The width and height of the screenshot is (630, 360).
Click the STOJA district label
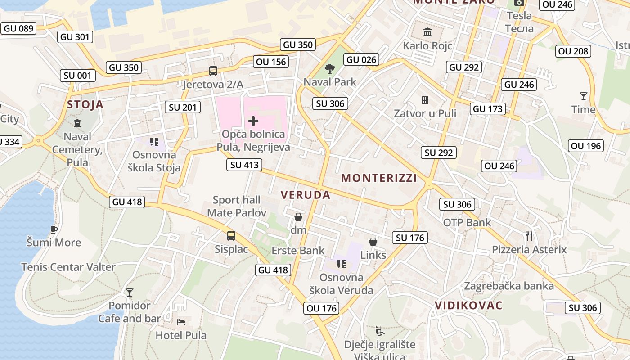pos(85,105)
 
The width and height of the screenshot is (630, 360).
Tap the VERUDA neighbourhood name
pos(306,195)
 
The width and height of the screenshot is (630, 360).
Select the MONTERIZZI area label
pos(379,178)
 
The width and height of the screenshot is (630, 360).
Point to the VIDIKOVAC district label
pos(468,306)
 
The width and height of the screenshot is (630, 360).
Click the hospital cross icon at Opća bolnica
pos(253,121)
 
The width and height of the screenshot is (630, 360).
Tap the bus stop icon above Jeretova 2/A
pos(213,71)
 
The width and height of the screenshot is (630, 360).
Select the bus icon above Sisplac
pos(231,235)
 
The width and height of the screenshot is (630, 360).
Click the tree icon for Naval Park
pos(330,69)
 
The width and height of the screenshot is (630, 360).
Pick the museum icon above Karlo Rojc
pos(427,32)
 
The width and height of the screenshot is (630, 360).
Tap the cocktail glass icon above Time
pos(583,96)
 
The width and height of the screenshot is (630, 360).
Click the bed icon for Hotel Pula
pos(181,322)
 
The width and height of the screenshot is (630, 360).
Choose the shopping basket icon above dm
pos(298,217)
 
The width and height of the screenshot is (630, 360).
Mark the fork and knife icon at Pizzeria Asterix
pos(529,236)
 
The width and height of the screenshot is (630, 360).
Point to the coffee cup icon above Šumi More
pos(54,229)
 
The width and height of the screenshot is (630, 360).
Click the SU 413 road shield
pos(244,165)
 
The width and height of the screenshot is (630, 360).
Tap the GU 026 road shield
pos(361,59)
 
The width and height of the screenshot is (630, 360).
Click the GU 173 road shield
pos(488,108)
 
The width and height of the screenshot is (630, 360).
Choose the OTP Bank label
pos(467,222)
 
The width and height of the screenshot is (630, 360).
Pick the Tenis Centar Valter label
pos(68,267)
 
